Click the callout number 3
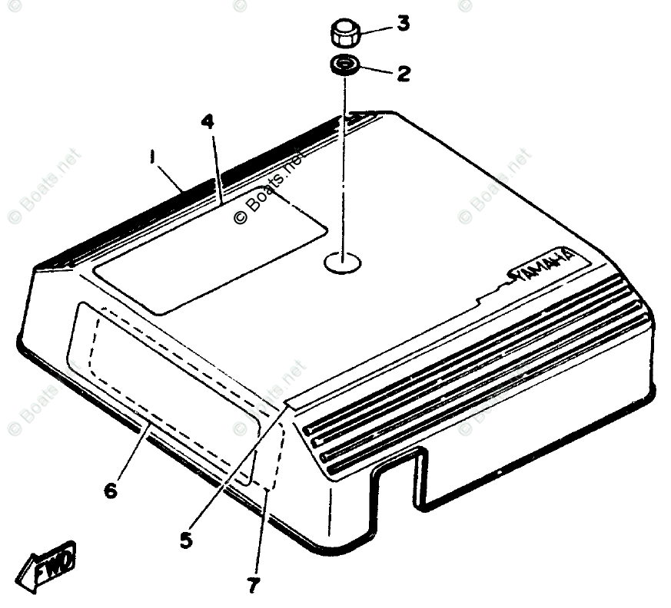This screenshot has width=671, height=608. click(404, 24)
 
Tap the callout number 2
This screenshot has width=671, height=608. click(403, 74)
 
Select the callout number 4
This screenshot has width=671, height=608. click(208, 121)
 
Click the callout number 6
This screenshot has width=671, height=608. click(111, 490)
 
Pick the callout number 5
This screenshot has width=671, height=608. click(186, 540)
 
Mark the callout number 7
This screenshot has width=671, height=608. click(254, 585)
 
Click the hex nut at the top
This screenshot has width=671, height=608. click(345, 35)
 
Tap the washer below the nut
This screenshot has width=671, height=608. click(345, 65)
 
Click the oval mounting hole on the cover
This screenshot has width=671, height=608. click(343, 263)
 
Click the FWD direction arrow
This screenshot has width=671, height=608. click(48, 568)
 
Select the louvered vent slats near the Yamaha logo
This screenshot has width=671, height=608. click(477, 376)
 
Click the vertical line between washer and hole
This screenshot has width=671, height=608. click(344, 161)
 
